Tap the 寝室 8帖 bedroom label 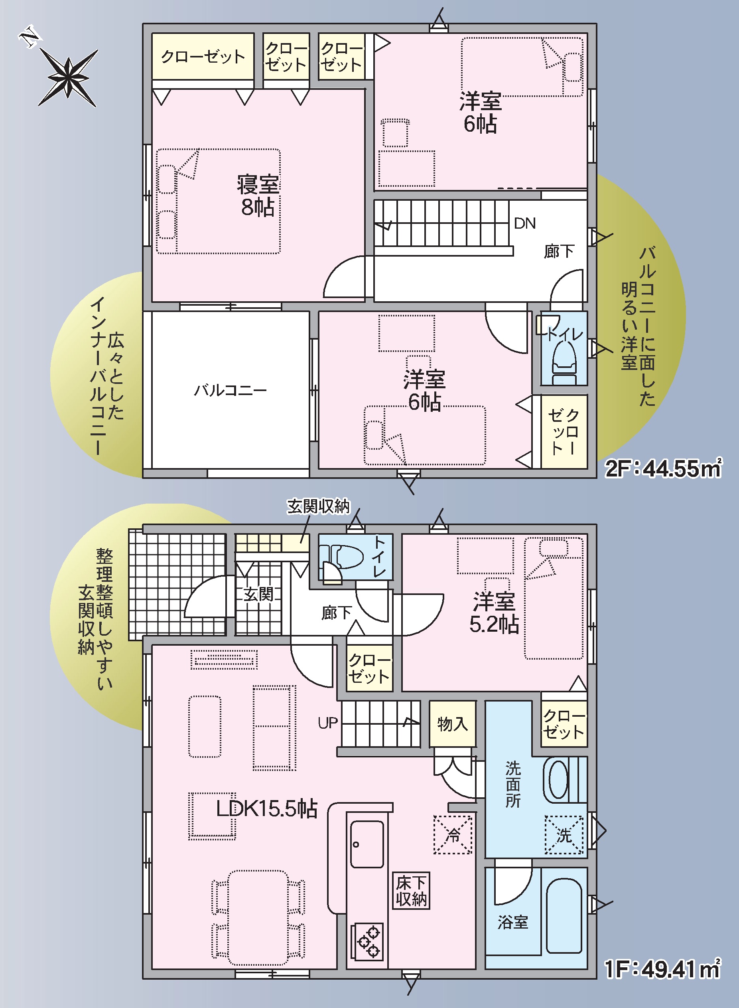[258, 196]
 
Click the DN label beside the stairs [525, 223]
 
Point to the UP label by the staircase [327, 723]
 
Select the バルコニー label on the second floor [231, 390]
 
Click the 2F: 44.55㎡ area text [663, 468]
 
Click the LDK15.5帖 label [267, 809]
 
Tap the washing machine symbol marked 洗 [564, 835]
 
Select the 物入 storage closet [452, 724]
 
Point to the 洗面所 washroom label [513, 785]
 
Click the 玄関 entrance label [258, 595]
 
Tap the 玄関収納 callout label [318, 506]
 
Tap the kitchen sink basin [367, 844]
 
